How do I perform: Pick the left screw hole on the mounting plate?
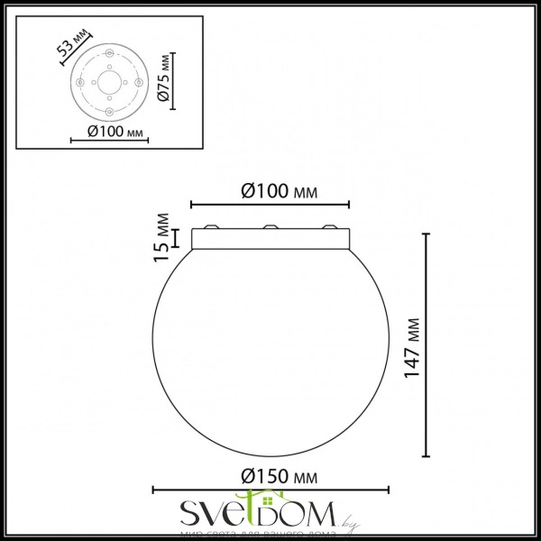pos(83,82)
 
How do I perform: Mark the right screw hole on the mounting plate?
pos(136,83)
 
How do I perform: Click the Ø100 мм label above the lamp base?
pos(271,191)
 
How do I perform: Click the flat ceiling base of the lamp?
pos(272,239)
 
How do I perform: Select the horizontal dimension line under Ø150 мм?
pos(273,490)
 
